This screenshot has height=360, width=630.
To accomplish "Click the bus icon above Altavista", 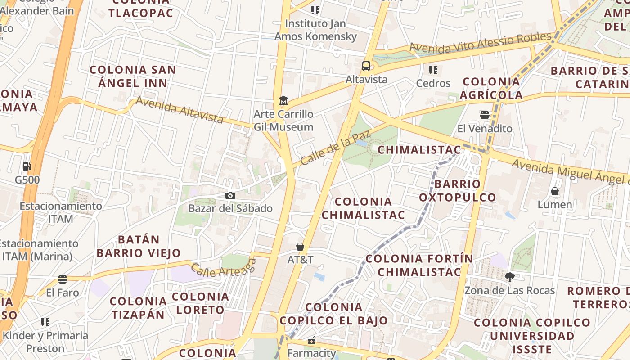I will (366, 67).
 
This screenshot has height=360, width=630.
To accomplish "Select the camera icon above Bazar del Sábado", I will (230, 195).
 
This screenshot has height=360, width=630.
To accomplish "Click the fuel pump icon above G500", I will (27, 166).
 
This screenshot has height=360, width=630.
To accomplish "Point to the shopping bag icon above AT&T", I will (300, 247).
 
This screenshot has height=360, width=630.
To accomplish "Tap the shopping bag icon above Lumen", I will (555, 191).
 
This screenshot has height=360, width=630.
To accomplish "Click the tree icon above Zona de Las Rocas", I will (509, 277).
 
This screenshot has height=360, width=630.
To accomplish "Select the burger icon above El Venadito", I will (485, 115).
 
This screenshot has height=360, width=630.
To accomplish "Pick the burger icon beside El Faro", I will (63, 279).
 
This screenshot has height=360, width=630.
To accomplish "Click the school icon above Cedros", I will (433, 70).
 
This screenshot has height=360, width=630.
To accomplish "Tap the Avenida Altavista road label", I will (180, 109).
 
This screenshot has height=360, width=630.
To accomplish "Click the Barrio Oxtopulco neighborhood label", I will (458, 190).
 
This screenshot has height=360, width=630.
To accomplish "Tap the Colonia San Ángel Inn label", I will (133, 76).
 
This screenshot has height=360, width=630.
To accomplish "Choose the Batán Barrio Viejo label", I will (139, 246).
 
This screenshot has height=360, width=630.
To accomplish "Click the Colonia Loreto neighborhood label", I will (200, 303).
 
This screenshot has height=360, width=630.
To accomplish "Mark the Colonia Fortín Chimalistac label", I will (419, 265).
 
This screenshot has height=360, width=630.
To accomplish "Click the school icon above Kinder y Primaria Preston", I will (45, 322).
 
